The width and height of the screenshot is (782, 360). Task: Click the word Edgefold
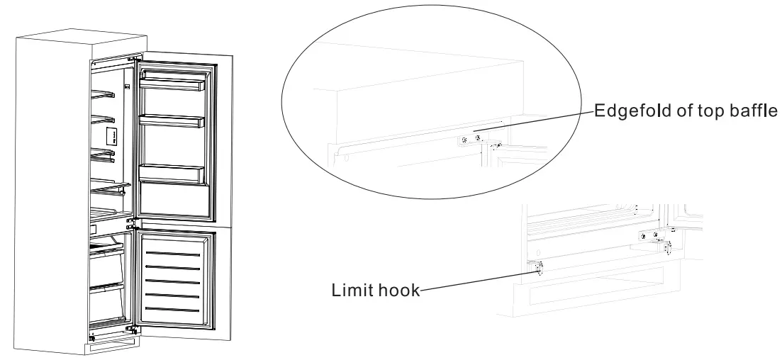[622, 111]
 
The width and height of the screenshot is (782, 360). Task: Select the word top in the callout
[698, 111]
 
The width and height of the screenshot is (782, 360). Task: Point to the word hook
[397, 291]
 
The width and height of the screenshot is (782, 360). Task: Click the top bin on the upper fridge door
[174, 84]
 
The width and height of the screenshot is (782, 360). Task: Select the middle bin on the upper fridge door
[174, 121]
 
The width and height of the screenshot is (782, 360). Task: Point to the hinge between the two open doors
[130, 223]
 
